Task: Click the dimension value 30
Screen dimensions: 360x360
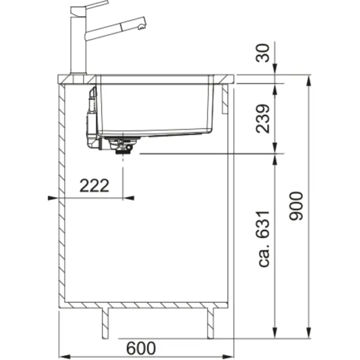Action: [x=262, y=53]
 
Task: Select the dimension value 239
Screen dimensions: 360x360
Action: [x=262, y=118]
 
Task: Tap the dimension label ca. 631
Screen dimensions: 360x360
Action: [x=263, y=239]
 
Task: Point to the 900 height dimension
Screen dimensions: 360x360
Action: [x=296, y=206]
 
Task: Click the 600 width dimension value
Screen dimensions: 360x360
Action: [x=141, y=348]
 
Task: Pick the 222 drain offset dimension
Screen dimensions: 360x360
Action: [x=94, y=185]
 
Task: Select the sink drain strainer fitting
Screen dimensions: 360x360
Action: [x=122, y=145]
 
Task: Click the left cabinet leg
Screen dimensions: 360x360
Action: [x=105, y=323]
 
